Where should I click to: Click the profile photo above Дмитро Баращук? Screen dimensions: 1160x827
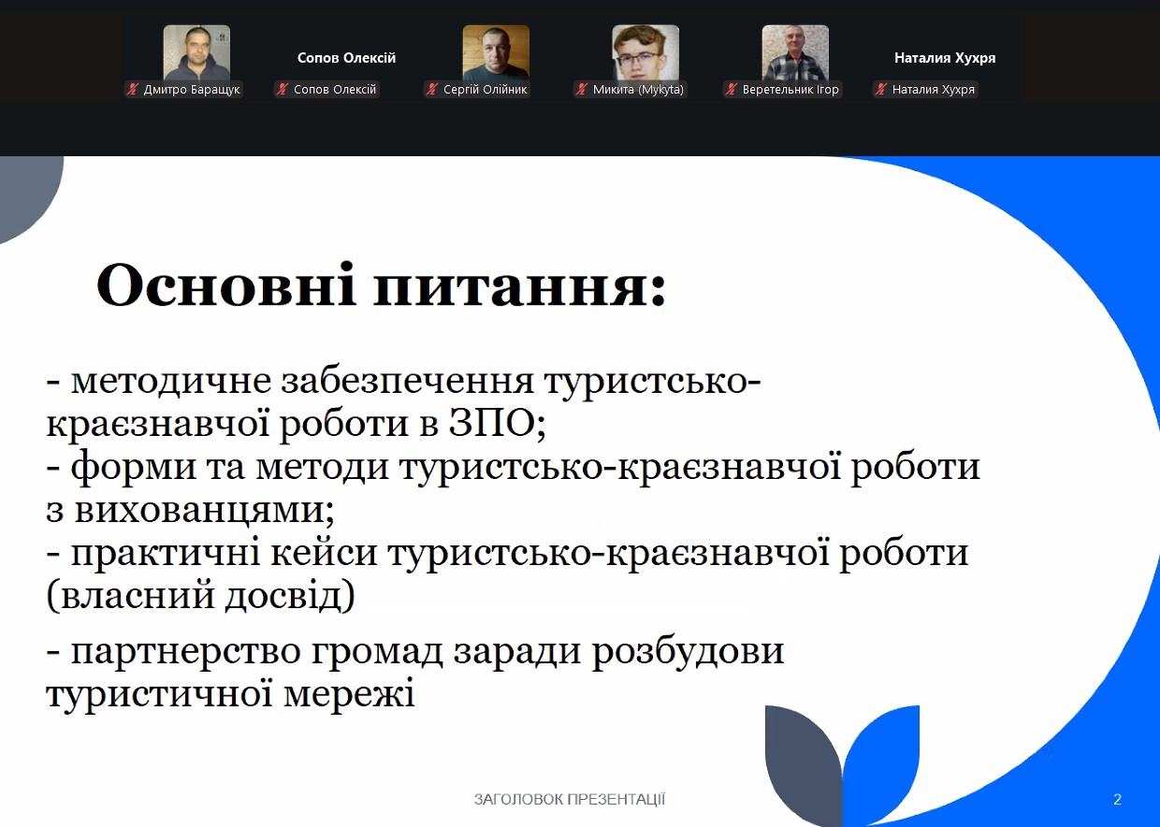196,53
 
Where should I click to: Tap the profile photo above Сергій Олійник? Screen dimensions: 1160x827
496,53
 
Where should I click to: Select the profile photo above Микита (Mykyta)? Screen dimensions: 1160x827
645,53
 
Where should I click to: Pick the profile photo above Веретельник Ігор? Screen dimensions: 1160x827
795,53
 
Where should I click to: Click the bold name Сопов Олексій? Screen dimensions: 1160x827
346,57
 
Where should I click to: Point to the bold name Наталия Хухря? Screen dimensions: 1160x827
945,57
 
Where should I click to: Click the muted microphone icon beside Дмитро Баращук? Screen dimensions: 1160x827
133,89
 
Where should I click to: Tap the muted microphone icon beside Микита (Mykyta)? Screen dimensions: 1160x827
582,89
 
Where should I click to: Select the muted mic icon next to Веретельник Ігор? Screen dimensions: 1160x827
732,89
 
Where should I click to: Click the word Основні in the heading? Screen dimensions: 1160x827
225,284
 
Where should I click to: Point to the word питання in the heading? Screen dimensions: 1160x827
519,286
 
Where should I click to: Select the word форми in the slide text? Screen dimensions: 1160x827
134,468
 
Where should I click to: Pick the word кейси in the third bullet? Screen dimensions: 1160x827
324,554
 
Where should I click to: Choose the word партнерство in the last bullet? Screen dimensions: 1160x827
186,652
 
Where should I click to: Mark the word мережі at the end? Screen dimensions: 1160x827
349,693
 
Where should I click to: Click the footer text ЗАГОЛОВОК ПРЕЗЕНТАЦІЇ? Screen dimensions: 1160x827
570,800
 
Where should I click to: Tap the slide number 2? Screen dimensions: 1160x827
1118,800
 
